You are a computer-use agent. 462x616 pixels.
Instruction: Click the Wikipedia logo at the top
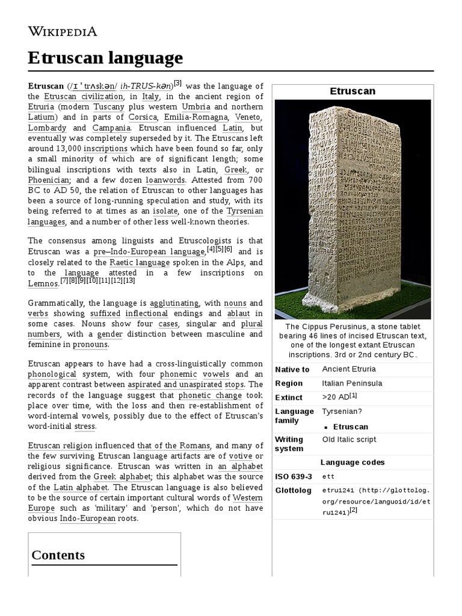(x=63, y=31)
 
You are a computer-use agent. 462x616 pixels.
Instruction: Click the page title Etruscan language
(x=105, y=58)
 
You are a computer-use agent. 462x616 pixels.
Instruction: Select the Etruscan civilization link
(x=84, y=96)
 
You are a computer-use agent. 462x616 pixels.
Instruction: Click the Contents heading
(x=58, y=555)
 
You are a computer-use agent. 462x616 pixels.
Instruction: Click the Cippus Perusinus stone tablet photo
(x=353, y=209)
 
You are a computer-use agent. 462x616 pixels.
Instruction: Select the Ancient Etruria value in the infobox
(x=348, y=369)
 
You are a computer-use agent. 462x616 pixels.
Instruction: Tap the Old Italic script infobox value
(x=349, y=440)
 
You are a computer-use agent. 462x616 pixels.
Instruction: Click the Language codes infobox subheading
(x=353, y=463)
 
